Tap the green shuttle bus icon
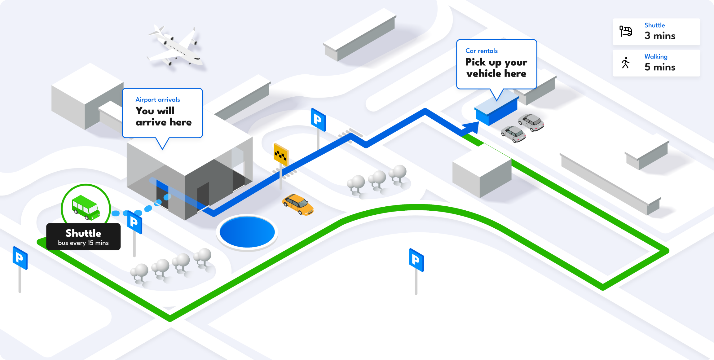pyautogui.click(x=86, y=207)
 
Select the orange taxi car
pyautogui.click(x=298, y=204)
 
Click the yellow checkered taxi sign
pyautogui.click(x=281, y=154)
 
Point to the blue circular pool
pyautogui.click(x=247, y=232)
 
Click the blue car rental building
pyautogui.click(x=496, y=109)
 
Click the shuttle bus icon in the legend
pyautogui.click(x=626, y=31)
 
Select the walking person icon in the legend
pyautogui.click(x=625, y=63)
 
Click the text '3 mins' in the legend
pyautogui.click(x=660, y=36)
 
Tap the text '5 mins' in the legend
pyautogui.click(x=660, y=67)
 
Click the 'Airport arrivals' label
pyautogui.click(x=158, y=99)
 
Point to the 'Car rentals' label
pyautogui.click(x=481, y=51)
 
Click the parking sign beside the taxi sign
pyautogui.click(x=318, y=120)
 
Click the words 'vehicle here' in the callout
pyautogui.click(x=496, y=74)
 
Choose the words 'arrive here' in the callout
pyautogui.click(x=164, y=122)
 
